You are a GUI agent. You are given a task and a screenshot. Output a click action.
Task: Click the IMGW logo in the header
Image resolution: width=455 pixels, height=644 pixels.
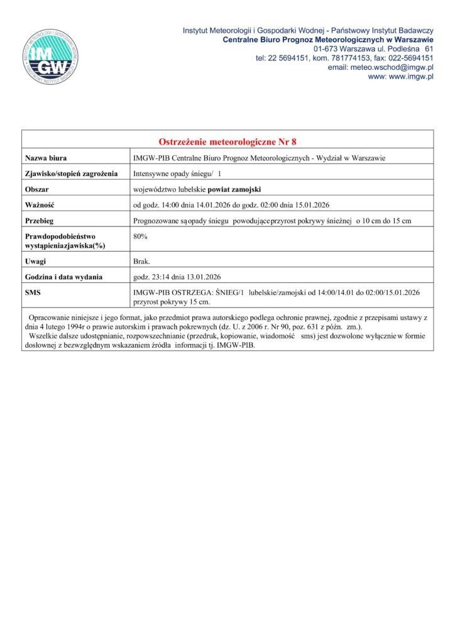tap(51, 57)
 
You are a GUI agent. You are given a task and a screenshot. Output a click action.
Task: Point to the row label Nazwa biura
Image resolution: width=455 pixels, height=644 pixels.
tap(46, 157)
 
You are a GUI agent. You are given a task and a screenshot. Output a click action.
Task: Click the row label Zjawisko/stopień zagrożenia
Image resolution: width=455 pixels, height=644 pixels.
tap(72, 173)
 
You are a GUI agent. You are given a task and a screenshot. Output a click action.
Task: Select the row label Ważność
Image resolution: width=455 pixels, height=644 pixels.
tap(40, 204)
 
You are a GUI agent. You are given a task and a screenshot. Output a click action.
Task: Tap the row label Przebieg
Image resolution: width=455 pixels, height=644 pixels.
tap(40, 220)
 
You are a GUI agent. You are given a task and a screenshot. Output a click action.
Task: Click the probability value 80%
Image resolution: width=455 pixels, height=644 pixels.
tap(141, 236)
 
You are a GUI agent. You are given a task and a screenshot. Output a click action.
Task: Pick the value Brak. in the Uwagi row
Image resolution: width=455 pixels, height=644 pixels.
tap(141, 261)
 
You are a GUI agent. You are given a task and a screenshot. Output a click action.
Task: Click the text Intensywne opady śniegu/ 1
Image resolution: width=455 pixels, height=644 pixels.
tap(178, 173)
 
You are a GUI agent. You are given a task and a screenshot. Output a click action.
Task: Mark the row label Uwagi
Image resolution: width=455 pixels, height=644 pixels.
tap(35, 261)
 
